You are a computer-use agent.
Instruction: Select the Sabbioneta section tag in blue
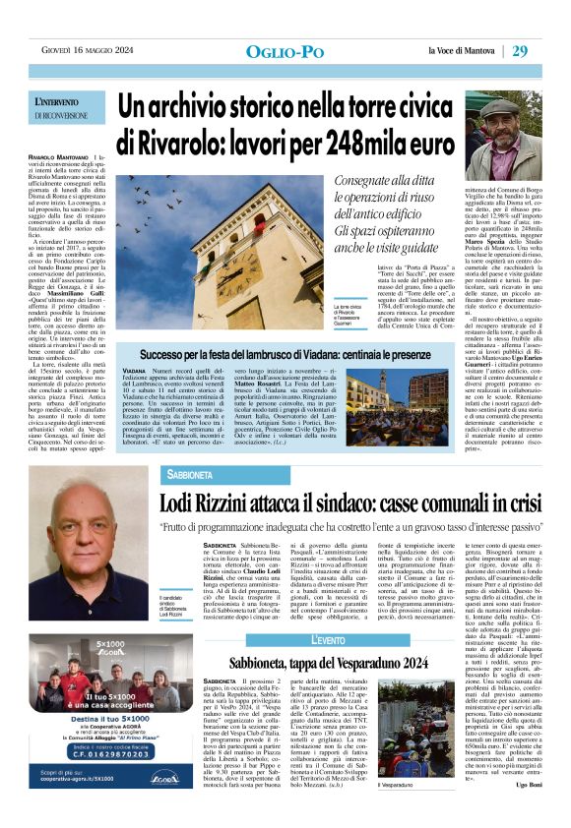(x=203, y=474)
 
